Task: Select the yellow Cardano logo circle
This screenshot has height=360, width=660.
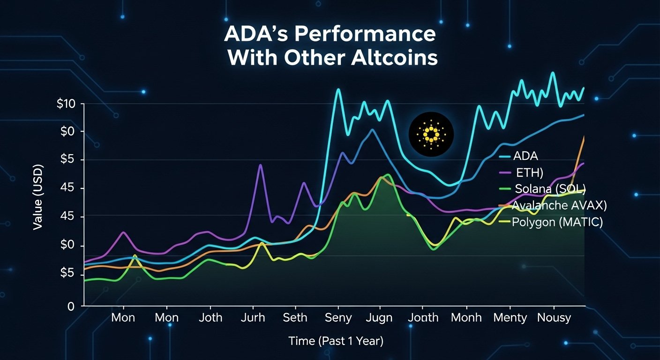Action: (x=431, y=135)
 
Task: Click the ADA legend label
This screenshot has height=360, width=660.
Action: (x=525, y=156)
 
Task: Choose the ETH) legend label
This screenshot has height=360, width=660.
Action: (x=529, y=172)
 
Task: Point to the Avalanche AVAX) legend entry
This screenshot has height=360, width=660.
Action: (x=557, y=205)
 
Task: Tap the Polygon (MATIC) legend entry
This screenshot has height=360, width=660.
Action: (x=557, y=222)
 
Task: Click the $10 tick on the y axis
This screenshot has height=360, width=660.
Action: (x=66, y=104)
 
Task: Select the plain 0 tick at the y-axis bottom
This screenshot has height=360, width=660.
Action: (x=71, y=307)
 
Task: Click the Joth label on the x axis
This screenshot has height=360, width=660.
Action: (x=210, y=318)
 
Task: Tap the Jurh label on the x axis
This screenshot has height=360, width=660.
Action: (x=253, y=318)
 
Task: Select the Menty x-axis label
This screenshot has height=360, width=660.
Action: (x=510, y=318)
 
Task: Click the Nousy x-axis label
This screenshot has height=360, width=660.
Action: (x=554, y=318)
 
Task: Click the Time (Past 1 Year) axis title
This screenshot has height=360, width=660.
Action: (x=336, y=341)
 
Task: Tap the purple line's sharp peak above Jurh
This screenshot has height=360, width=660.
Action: (x=261, y=165)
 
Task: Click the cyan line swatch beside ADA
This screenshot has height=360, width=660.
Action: (x=505, y=157)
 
